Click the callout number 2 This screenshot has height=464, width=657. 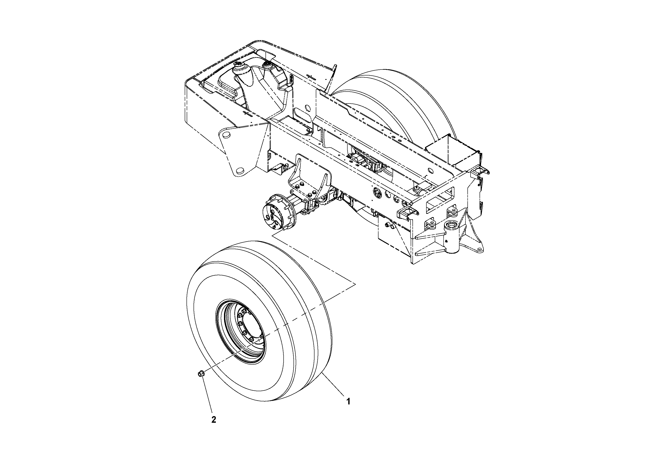[213, 420]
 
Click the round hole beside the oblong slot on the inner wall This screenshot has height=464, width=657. [308, 108]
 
